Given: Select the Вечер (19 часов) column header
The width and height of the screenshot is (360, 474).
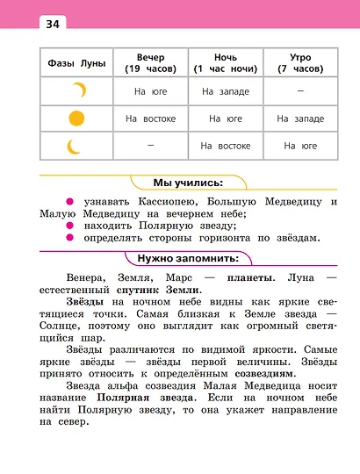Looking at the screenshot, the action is (x=150, y=62).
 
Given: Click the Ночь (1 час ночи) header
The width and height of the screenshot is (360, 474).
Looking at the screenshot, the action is (x=226, y=62).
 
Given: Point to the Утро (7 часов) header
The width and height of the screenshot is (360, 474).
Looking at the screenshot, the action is (x=300, y=62).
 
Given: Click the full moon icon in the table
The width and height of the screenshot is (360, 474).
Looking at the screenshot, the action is (x=77, y=118).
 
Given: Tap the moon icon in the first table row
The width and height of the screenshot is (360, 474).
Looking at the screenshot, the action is (x=80, y=90).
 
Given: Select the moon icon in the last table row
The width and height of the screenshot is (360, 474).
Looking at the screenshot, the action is (x=75, y=145).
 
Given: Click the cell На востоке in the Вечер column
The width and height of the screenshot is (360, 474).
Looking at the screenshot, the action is (x=150, y=118).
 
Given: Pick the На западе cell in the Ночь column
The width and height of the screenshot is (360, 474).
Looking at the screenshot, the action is (x=226, y=90).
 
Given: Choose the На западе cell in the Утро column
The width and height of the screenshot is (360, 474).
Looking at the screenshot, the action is (x=300, y=118).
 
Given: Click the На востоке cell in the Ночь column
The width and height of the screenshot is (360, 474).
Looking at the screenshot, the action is (x=226, y=146).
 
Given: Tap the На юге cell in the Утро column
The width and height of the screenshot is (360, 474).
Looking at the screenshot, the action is (x=300, y=146).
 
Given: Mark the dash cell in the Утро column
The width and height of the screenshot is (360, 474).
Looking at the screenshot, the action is (x=300, y=90).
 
